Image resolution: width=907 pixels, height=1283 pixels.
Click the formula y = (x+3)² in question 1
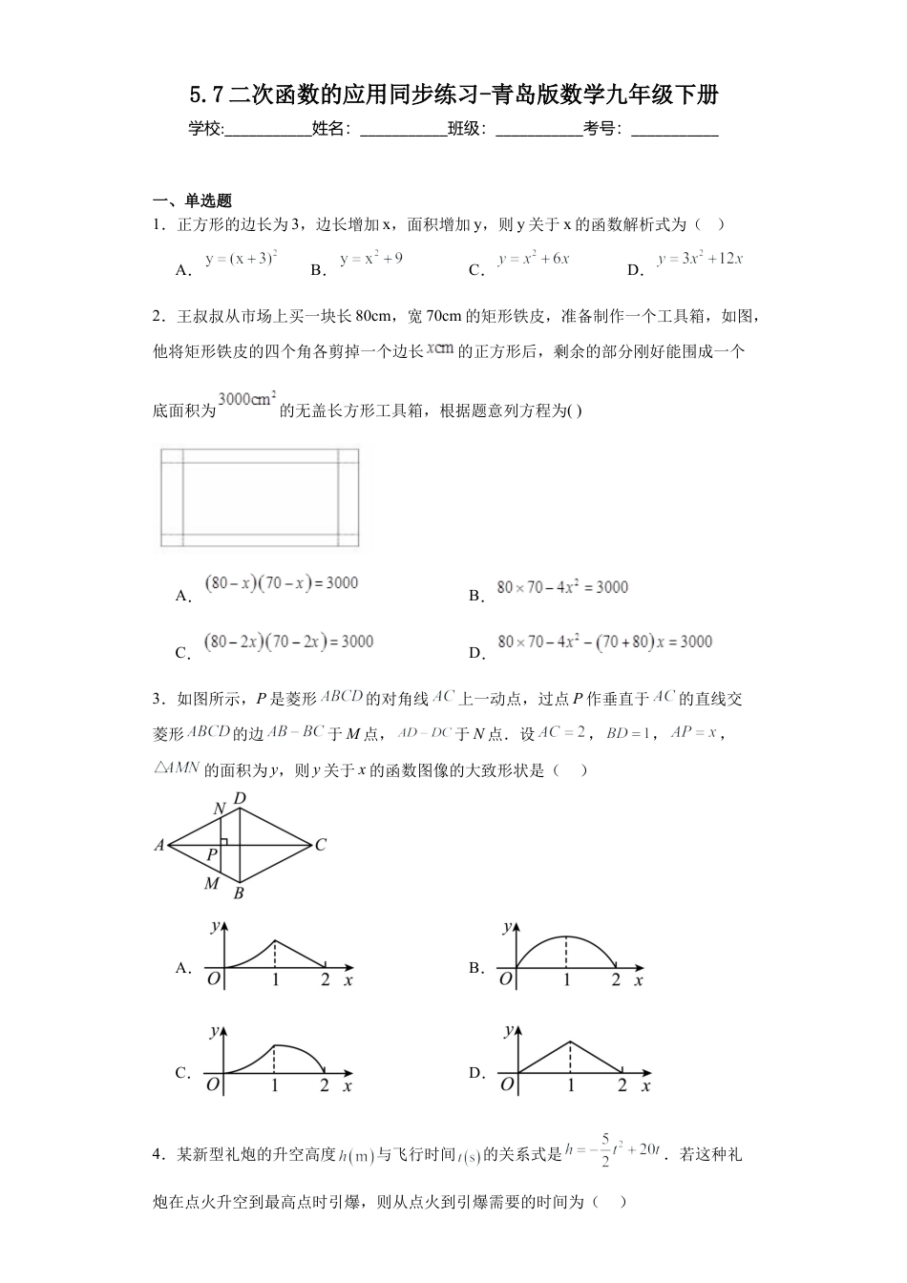(242, 258)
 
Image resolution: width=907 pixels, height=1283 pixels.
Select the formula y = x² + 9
(371, 259)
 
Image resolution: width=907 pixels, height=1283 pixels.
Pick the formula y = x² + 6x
(534, 259)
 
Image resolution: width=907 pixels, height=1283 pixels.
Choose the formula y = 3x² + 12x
(700, 259)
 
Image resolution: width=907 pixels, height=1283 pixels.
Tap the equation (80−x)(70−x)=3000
(282, 583)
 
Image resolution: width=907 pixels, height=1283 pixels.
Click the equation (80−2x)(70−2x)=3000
(289, 641)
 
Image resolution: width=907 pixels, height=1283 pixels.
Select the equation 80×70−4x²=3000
(562, 587)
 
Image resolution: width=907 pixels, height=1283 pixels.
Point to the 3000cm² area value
(247, 399)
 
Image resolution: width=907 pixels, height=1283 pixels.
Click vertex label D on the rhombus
(240, 799)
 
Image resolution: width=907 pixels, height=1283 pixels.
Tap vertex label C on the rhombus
(321, 845)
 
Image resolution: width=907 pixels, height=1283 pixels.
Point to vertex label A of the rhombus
(159, 845)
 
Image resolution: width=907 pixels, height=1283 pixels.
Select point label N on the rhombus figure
(219, 810)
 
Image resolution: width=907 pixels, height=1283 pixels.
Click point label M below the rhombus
(212, 884)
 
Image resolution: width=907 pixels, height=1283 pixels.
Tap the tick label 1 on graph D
(571, 1085)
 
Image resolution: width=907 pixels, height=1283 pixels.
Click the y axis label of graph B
(506, 926)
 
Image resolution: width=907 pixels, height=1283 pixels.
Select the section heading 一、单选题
(193, 200)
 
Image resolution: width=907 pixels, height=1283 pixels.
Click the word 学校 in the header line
(205, 129)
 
